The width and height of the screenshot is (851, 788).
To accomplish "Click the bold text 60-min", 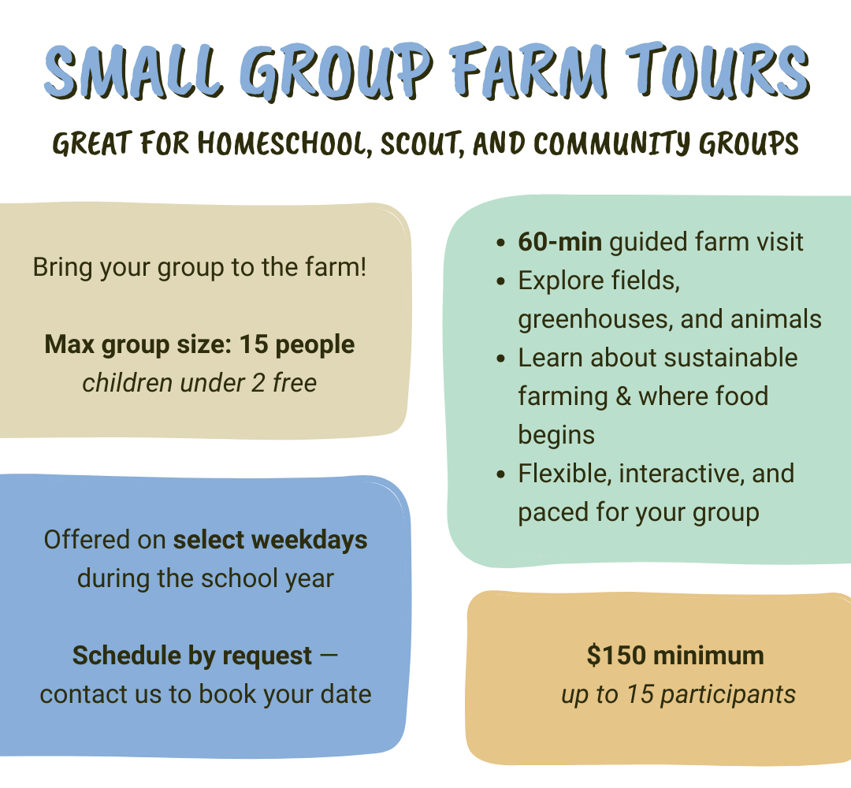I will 560,242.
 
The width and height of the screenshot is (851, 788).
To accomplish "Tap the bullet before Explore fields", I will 502,281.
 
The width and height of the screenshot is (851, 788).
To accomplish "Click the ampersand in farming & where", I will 623,396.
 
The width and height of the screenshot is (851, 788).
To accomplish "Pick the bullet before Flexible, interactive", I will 502,474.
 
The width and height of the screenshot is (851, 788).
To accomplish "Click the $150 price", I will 619,656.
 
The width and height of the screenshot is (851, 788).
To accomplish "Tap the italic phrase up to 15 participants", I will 678,694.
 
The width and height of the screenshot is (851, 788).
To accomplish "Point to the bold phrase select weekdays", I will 270,540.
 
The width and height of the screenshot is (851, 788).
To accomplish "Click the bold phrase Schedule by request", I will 192,656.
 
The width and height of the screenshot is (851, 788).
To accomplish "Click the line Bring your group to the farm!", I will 199,266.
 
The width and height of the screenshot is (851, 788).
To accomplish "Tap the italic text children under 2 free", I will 199,383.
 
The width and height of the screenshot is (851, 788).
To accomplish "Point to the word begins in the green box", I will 556,434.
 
